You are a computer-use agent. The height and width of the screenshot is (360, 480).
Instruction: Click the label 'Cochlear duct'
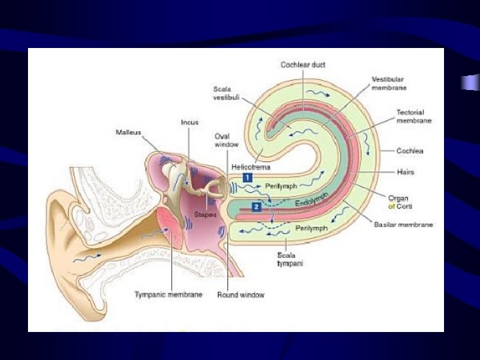point(303,65)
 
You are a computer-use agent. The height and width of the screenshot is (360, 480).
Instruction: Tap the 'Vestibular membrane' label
point(389,83)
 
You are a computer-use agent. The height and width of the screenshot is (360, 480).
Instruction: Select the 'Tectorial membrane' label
point(414,116)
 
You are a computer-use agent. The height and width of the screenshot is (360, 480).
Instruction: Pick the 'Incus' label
point(189,122)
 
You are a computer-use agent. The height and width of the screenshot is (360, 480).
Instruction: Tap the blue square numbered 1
point(247,178)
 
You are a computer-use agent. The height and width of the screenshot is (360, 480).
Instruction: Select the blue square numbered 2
point(257,207)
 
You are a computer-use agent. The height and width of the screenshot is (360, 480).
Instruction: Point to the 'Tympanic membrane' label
point(169,294)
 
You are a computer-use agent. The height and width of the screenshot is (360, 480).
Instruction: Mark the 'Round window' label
point(241,294)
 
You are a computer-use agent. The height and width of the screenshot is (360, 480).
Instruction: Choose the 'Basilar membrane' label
point(403,224)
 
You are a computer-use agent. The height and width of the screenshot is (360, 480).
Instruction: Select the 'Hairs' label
point(405,172)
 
